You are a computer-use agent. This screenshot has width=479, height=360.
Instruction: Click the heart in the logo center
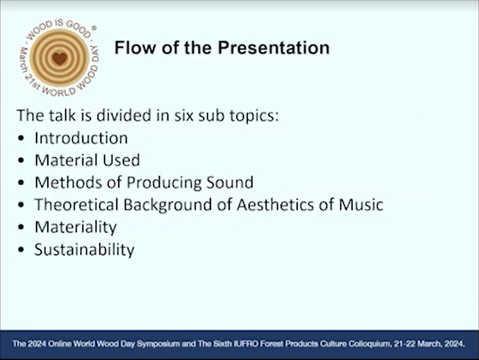(x=59, y=58)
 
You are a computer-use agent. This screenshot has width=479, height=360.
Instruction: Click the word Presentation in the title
(x=273, y=48)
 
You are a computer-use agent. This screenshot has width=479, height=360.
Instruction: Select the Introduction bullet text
(x=82, y=138)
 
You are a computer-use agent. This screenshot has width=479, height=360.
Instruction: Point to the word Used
(x=121, y=160)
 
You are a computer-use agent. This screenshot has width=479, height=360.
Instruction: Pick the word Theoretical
(x=76, y=205)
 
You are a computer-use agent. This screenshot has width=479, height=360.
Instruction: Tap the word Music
(x=361, y=205)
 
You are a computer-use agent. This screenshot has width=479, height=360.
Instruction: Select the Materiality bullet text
(x=76, y=227)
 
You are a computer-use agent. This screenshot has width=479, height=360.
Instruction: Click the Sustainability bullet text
(x=84, y=250)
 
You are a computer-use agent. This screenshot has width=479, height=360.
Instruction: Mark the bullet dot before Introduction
(x=21, y=138)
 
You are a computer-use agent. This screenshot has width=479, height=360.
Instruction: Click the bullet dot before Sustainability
(x=21, y=250)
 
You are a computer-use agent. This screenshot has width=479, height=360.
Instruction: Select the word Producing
(x=164, y=182)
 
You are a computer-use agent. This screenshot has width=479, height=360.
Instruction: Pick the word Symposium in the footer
(x=158, y=344)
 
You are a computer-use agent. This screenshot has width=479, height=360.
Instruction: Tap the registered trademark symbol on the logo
(x=94, y=28)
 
